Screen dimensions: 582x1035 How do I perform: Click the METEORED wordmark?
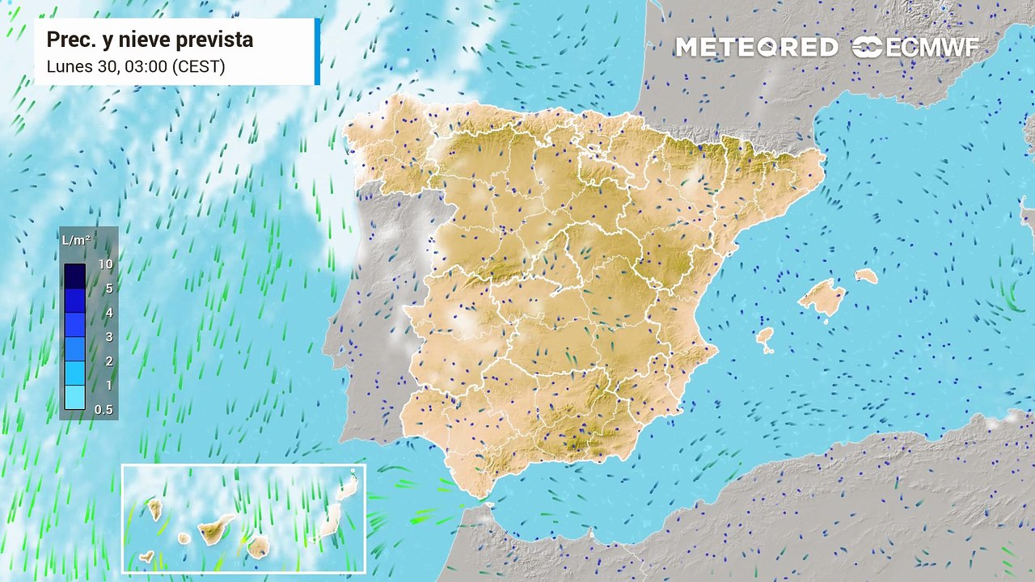click(x=756, y=48)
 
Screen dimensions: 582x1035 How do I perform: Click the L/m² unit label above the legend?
click(x=76, y=240)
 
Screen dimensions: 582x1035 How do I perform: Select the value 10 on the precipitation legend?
click(x=104, y=264)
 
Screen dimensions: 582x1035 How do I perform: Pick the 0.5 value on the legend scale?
click(x=103, y=410)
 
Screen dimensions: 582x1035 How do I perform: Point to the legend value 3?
click(x=108, y=337)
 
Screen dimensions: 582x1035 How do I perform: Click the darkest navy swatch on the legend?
click(x=74, y=276)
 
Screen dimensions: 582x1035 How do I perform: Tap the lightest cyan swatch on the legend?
click(x=74, y=397)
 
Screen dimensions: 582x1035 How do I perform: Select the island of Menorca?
click(x=866, y=276)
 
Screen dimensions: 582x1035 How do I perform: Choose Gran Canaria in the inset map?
click(x=258, y=547)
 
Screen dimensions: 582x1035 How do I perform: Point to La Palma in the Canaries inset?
click(x=154, y=509)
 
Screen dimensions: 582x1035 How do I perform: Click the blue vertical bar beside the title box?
click(x=318, y=51)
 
